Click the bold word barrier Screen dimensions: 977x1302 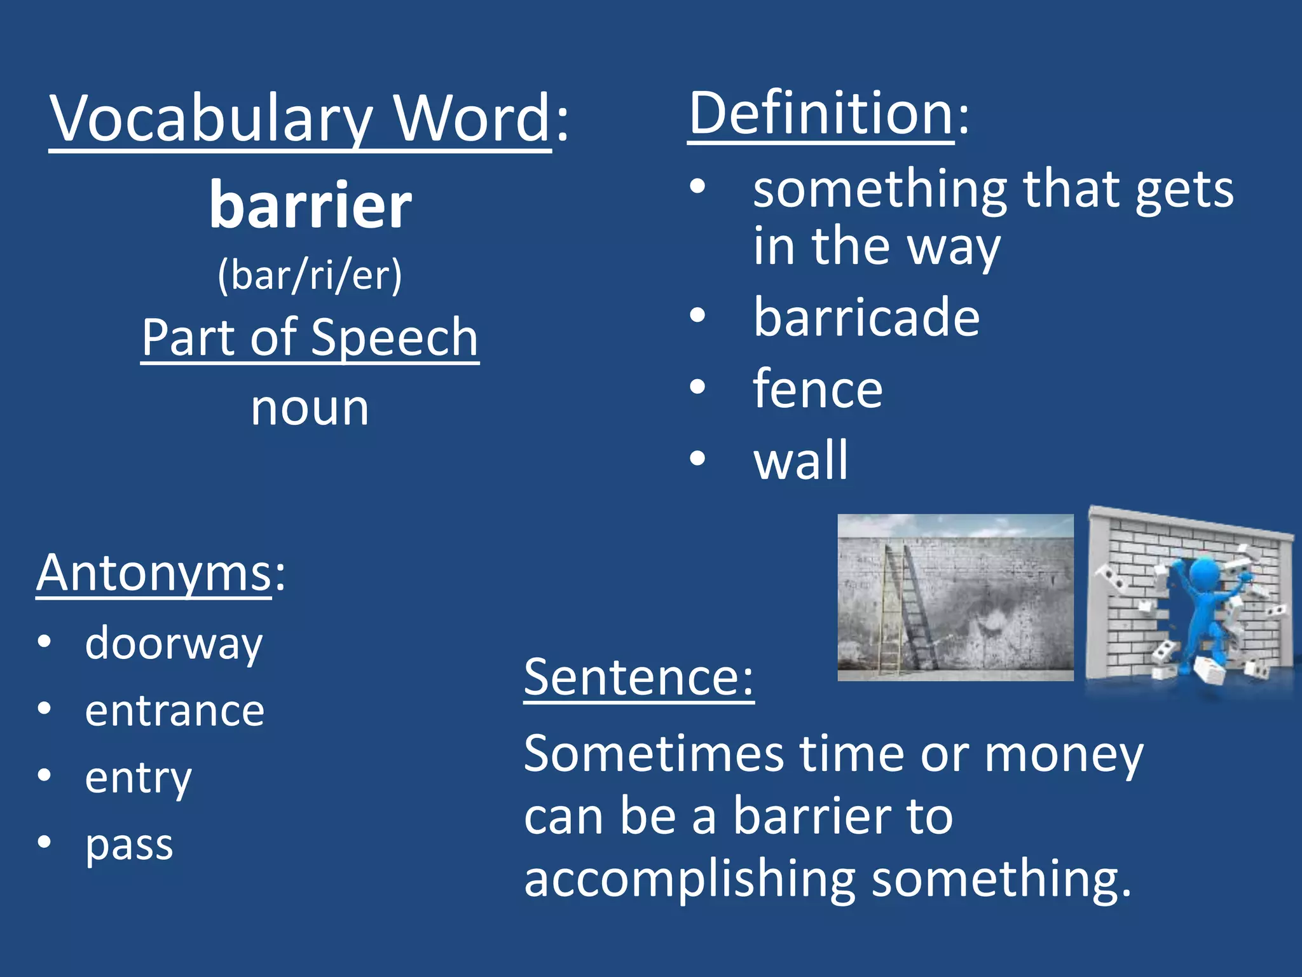coord(310,205)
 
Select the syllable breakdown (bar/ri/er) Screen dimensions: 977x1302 coord(310,276)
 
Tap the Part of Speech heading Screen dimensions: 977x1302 coord(310,338)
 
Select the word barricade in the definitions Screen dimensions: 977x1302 coord(866,317)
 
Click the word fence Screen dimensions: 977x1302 coord(818,389)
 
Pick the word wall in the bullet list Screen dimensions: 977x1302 coord(800,460)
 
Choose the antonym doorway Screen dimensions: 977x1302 coord(174,644)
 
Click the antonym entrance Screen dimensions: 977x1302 coord(175,711)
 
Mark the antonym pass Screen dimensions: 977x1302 coord(129,845)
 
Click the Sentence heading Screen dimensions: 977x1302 coord(638,678)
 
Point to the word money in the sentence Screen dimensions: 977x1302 coord(1064,755)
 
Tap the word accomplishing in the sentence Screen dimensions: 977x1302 coord(689,879)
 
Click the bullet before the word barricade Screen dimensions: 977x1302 coord(697,316)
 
